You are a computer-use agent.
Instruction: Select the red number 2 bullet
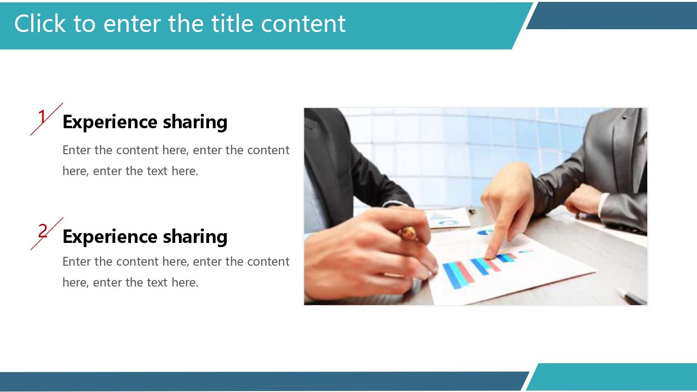coord(43,231)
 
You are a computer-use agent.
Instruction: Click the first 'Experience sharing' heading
coord(145,122)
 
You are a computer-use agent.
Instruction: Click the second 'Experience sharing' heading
coord(145,236)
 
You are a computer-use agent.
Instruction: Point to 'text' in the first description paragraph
coord(157,171)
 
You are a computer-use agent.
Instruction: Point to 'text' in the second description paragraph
coord(157,282)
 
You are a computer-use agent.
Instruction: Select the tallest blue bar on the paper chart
coord(453,275)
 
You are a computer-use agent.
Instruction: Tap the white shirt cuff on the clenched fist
coord(604,204)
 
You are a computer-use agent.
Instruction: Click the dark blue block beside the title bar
coord(612,15)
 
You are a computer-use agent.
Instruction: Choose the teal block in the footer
coord(612,377)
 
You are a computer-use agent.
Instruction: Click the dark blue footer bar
coord(264,381)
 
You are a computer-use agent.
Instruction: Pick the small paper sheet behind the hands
coord(447,218)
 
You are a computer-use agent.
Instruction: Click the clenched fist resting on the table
coord(582,199)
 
